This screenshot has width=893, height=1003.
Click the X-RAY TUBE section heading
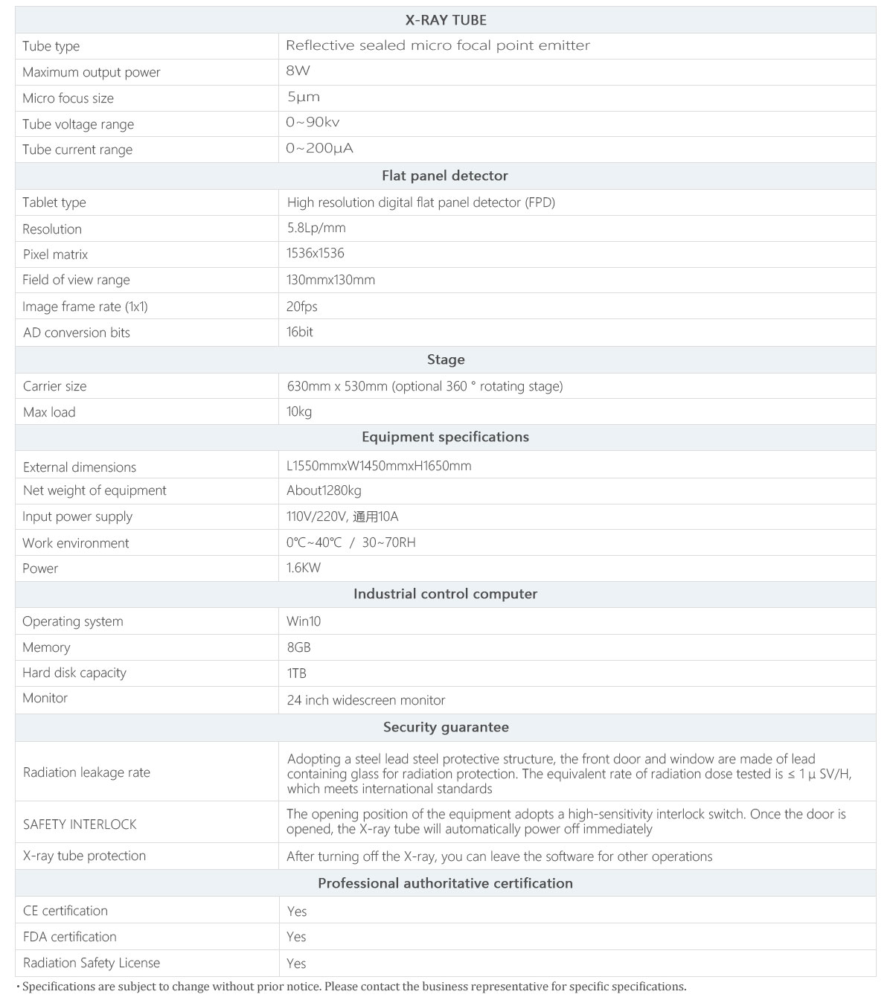(445, 20)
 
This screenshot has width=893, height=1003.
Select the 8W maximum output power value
(298, 71)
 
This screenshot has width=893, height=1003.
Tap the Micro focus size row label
(68, 98)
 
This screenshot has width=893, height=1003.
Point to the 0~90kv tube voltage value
(313, 123)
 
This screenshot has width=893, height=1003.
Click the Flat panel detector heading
(444, 176)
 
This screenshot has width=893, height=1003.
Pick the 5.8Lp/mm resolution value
(316, 228)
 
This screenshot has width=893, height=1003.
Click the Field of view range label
(76, 280)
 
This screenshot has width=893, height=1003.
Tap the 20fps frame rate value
(302, 307)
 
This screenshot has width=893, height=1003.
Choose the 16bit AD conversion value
(300, 332)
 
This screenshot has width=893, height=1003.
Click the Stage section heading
(445, 359)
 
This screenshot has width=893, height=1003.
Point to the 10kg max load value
(299, 411)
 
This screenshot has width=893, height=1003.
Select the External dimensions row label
(80, 467)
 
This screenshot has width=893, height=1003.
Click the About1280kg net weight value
(324, 490)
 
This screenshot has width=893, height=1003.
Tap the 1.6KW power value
(304, 568)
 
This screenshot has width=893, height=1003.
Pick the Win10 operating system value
(304, 621)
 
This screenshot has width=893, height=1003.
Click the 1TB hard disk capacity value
(296, 673)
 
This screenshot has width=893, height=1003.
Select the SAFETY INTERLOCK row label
(80, 824)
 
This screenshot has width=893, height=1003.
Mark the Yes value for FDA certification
(296, 937)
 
